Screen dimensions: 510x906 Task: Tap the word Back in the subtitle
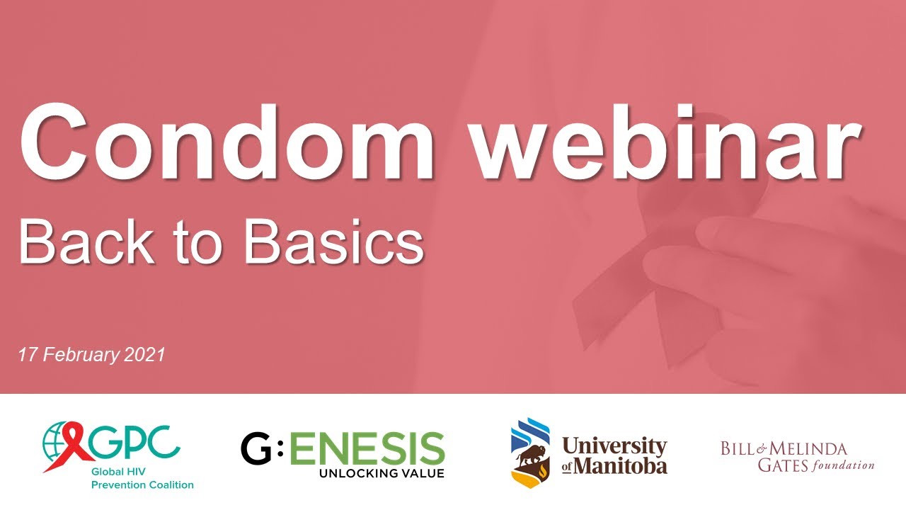[86, 240]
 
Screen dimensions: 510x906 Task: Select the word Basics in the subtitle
[333, 240]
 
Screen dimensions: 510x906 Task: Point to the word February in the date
[83, 354]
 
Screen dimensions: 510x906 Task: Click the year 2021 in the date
[144, 354]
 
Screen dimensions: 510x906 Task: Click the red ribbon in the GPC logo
[75, 445]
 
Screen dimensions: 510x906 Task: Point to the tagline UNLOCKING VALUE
[382, 472]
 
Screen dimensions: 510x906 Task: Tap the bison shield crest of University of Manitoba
[530, 453]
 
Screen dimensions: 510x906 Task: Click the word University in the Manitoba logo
[614, 446]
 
